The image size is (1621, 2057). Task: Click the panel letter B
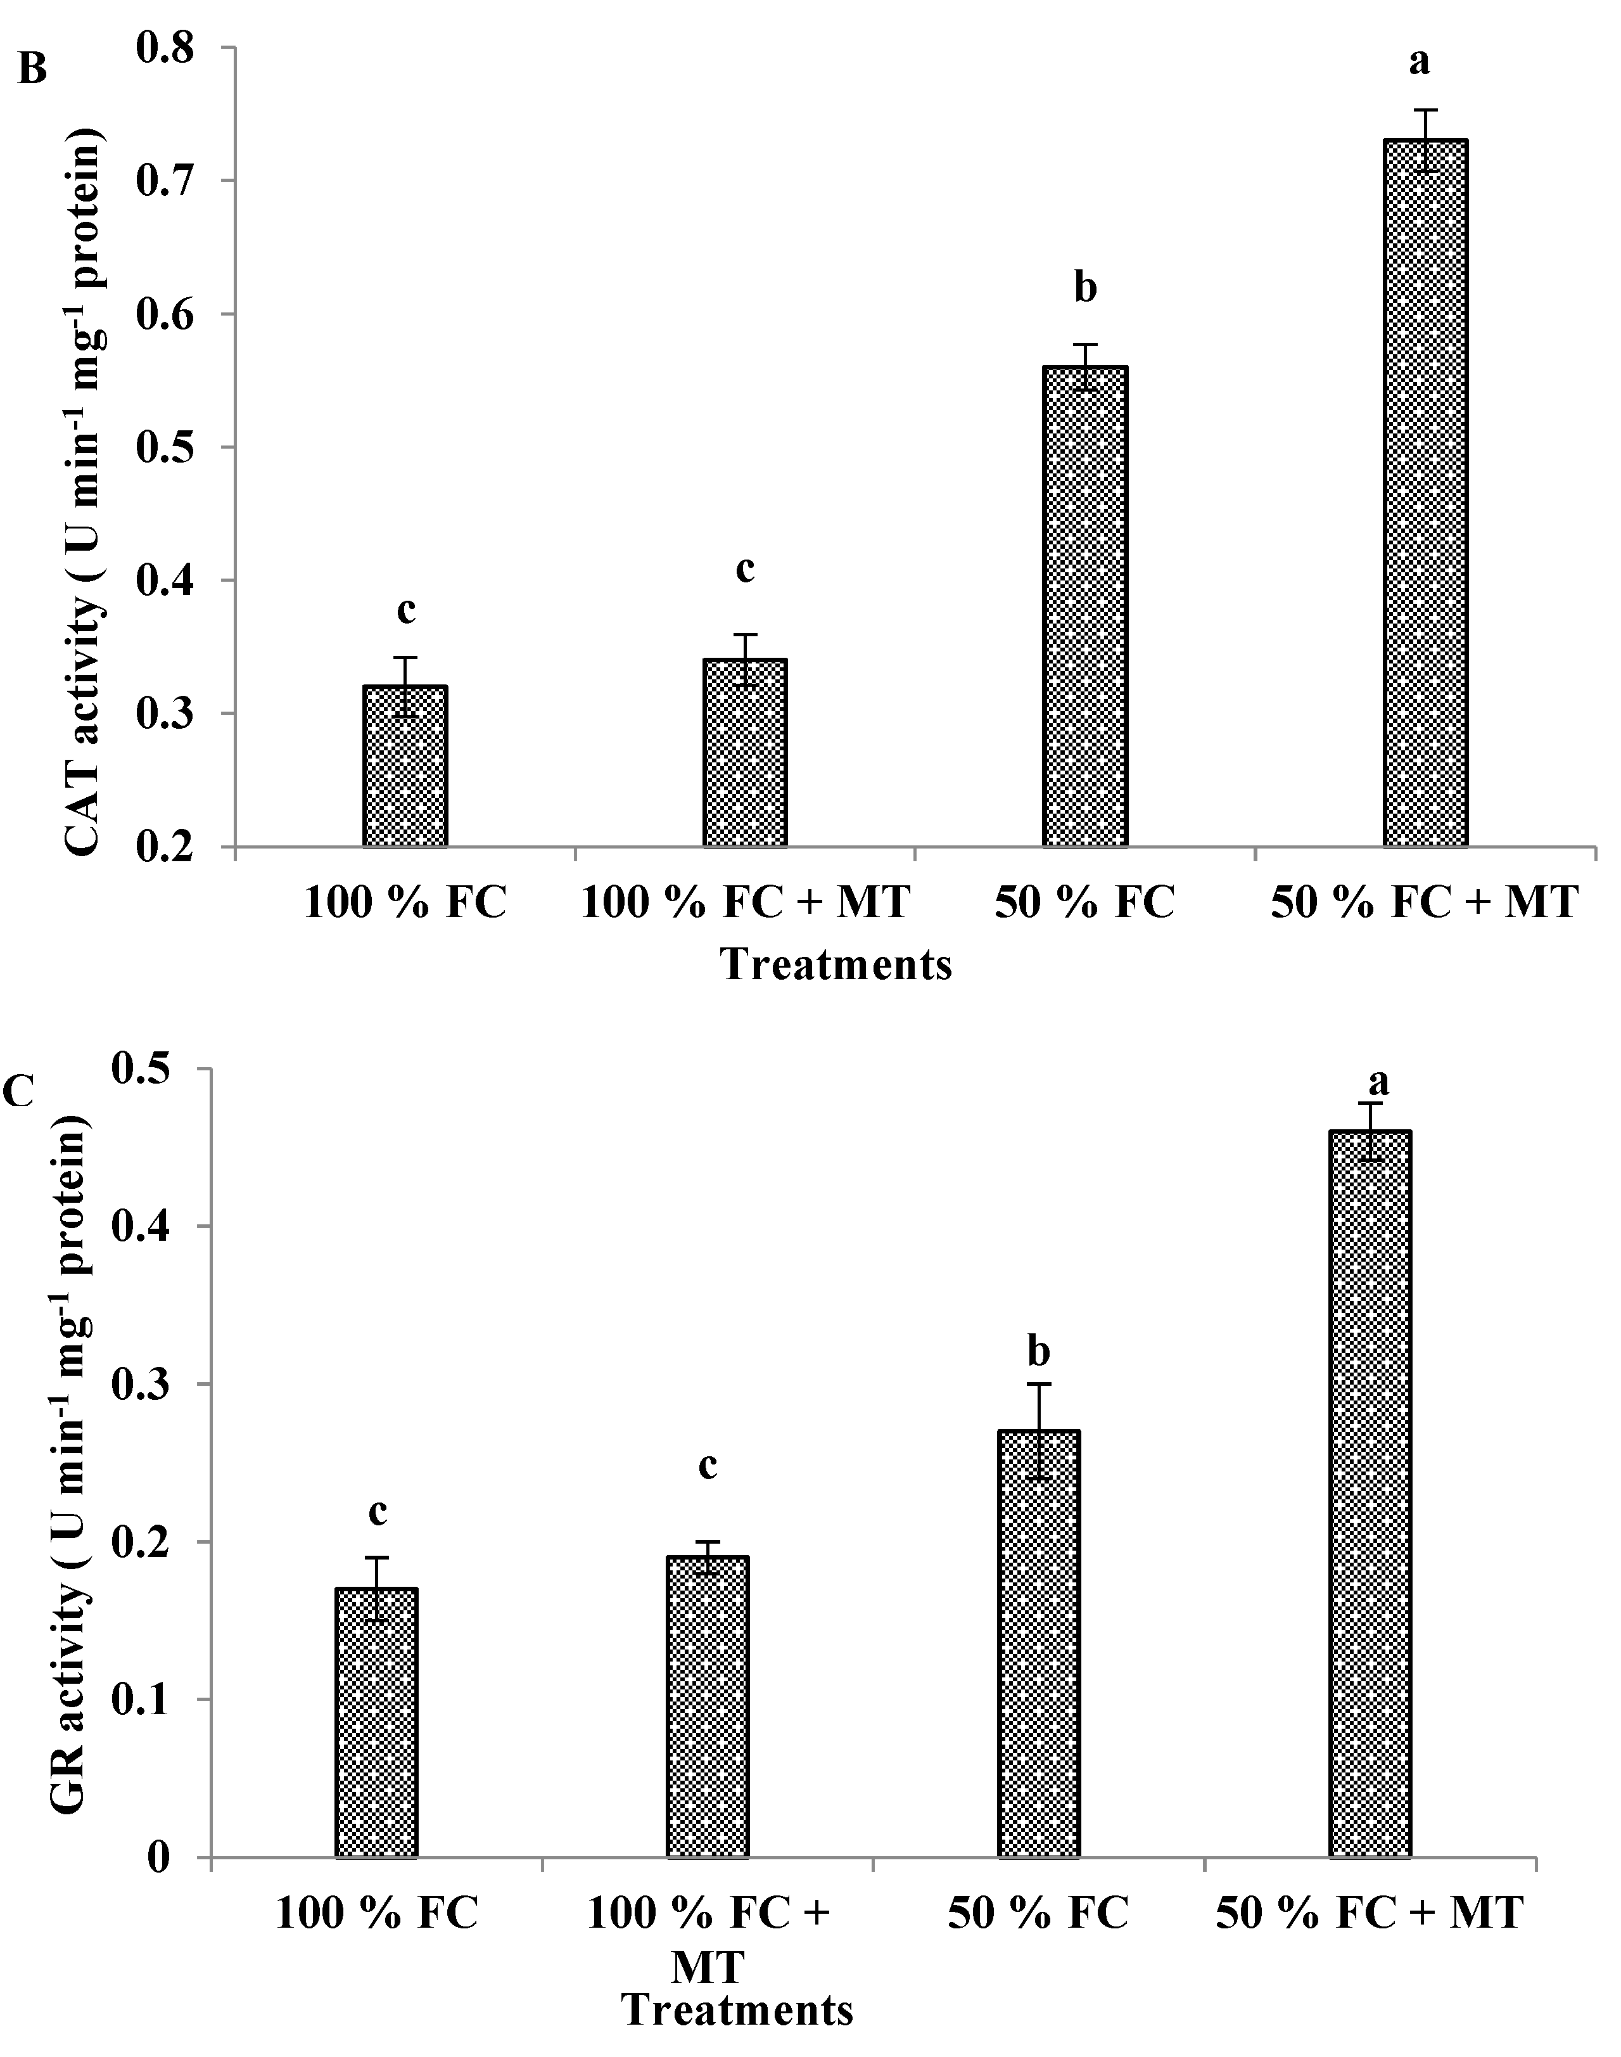(32, 69)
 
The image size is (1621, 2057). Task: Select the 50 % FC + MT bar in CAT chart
(1425, 494)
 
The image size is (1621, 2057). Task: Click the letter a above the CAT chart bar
(1419, 61)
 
